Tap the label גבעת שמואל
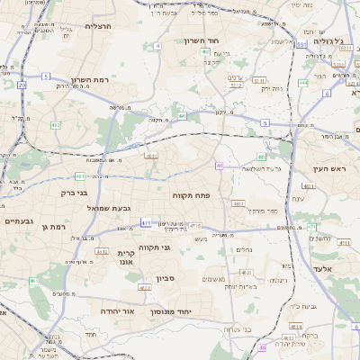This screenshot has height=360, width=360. [88, 208]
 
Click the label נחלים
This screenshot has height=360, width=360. [245, 249]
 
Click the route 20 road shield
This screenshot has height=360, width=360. [22, 85]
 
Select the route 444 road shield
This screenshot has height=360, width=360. [303, 83]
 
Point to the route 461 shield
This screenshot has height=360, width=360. [34, 281]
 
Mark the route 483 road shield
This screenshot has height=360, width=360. [238, 204]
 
